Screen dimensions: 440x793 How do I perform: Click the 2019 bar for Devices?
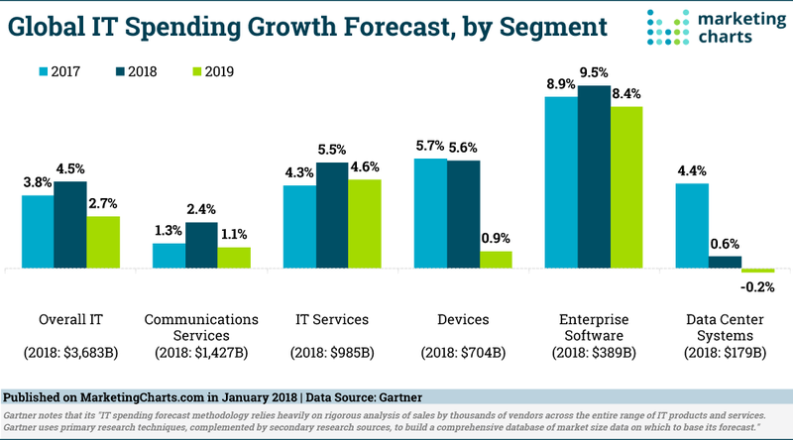[497, 260]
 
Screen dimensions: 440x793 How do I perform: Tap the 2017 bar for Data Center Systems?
[692, 226]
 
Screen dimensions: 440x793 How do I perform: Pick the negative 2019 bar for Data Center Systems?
[757, 271]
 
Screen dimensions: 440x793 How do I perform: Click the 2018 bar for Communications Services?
[201, 245]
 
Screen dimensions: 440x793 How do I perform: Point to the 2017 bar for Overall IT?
[38, 232]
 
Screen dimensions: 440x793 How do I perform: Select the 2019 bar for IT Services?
[365, 224]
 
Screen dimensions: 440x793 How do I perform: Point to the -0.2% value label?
[758, 287]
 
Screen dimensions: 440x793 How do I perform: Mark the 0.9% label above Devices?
[497, 239]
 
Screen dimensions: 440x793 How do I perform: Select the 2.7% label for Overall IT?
[103, 204]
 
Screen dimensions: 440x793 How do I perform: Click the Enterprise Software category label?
[595, 328]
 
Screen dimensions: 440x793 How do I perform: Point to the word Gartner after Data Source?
[408, 395]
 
